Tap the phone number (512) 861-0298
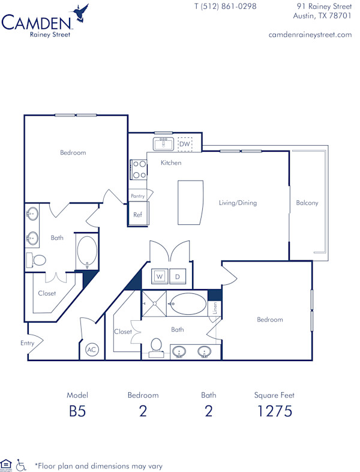225,7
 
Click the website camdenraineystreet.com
310,35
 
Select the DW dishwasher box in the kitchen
185,145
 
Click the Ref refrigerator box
138,214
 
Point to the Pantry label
138,196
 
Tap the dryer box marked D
178,276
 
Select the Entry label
28,343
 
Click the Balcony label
307,203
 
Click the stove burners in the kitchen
139,169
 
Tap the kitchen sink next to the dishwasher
163,145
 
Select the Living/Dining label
238,203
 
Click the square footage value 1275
274,411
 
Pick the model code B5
77,411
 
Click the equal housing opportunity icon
7,464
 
